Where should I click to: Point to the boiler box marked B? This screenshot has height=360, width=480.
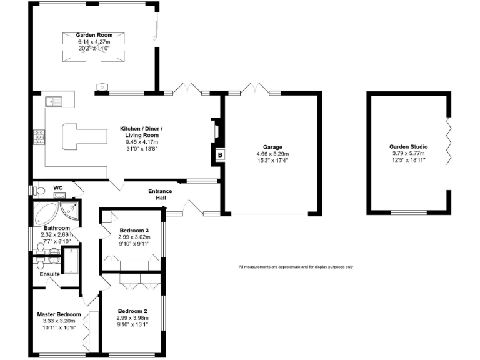click(220, 155)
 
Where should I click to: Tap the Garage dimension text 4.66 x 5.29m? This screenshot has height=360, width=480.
click(272, 154)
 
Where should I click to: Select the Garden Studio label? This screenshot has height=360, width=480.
click(407, 147)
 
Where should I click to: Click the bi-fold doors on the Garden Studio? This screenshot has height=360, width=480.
click(447, 141)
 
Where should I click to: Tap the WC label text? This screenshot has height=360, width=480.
click(58, 187)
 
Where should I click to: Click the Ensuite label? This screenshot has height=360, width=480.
click(49, 274)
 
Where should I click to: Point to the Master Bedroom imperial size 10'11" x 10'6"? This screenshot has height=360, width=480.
click(59, 327)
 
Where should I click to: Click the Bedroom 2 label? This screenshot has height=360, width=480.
click(132, 311)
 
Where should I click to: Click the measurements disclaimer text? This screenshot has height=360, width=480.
click(296, 267)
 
